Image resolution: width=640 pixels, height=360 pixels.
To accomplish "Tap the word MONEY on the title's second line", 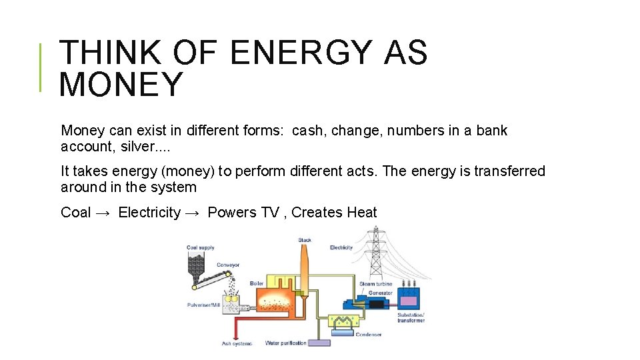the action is [121, 85].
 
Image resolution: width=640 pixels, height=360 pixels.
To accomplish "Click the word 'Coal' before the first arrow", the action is [75, 213].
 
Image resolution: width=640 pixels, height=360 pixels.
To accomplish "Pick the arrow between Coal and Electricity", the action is [104, 213].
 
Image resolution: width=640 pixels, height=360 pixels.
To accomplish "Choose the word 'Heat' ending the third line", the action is [361, 213].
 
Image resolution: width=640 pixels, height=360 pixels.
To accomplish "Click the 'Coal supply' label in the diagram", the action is [200, 248].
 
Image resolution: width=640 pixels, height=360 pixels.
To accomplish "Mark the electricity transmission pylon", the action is [377, 257].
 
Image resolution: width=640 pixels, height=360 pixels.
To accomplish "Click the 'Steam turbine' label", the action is [375, 284].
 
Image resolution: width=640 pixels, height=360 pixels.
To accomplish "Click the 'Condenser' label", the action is [368, 335].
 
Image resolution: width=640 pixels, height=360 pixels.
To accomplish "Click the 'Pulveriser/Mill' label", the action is [203, 305].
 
